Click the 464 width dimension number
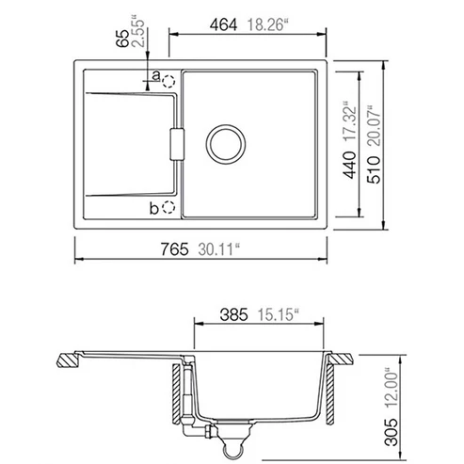click(223, 25)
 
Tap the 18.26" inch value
click(267, 25)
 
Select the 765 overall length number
click(175, 249)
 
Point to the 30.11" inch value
click(218, 249)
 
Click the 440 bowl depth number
click(350, 165)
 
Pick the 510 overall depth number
click(374, 169)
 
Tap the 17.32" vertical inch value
click(350, 121)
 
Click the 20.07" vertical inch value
click(374, 126)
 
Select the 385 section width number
click(234, 314)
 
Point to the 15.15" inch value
click(278, 314)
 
